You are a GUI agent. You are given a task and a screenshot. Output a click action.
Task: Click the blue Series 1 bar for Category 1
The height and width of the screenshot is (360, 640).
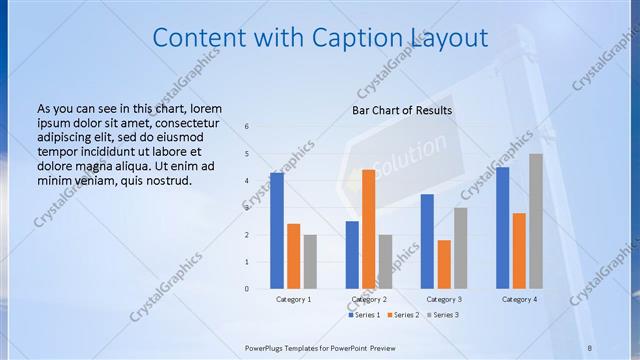click(x=276, y=231)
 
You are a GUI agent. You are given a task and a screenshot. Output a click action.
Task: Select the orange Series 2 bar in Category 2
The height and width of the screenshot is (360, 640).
click(x=368, y=229)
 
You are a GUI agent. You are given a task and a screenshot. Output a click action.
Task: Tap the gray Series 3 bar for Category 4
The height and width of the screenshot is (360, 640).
click(x=536, y=221)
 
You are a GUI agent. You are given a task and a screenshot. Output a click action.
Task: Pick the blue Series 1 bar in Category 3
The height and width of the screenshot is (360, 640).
click(x=427, y=241)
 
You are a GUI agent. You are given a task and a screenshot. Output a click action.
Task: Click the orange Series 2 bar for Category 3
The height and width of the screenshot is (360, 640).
click(x=444, y=264)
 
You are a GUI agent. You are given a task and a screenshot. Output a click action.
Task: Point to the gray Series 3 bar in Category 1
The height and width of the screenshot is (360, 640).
click(x=310, y=262)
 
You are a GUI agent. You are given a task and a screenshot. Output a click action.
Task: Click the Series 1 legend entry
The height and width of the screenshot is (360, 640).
click(x=365, y=315)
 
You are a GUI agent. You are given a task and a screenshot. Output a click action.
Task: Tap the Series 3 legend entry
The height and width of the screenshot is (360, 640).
click(x=444, y=315)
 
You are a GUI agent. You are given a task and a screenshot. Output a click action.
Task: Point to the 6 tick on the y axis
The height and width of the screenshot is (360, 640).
click(x=247, y=126)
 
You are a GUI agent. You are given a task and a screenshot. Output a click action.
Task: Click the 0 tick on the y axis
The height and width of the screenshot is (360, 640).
click(x=247, y=289)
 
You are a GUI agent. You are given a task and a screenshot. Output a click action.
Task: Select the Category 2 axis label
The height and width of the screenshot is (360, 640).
click(x=369, y=299)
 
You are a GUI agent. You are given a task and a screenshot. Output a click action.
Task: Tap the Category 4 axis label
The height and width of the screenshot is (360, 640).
click(x=519, y=299)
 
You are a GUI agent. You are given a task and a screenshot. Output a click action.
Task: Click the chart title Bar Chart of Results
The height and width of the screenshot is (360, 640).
click(x=402, y=110)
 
